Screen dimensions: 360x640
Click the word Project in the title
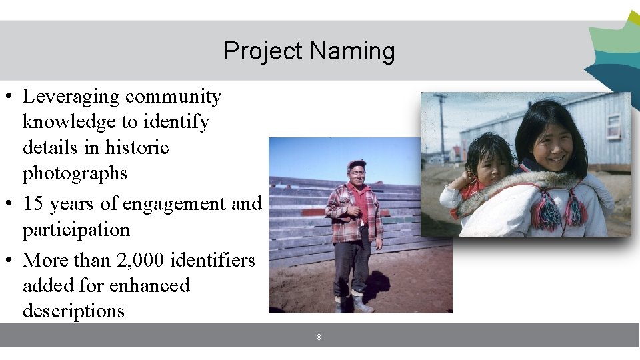pyautogui.click(x=263, y=51)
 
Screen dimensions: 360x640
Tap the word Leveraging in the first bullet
pyautogui.click(x=71, y=97)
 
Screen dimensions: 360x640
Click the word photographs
pyautogui.click(x=75, y=173)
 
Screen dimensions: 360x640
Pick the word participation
pyautogui.click(x=76, y=229)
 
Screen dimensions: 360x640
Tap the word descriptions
pyautogui.click(x=73, y=311)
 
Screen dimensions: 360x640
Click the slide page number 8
pyautogui.click(x=319, y=337)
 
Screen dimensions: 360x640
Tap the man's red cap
pyautogui.click(x=357, y=163)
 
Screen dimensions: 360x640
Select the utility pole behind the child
pyautogui.click(x=441, y=127)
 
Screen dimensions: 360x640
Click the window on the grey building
pyautogui.click(x=613, y=125)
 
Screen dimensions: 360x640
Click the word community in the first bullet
pyautogui.click(x=173, y=97)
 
